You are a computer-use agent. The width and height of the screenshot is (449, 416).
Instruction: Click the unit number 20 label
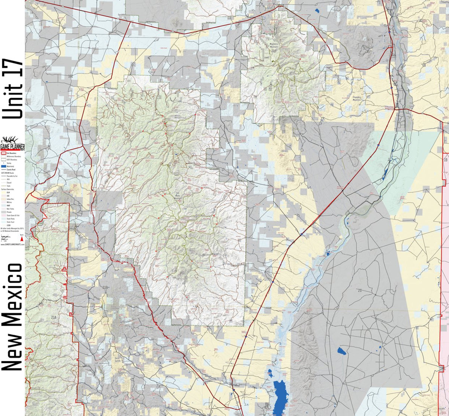pyautogui.click(x=360, y=291)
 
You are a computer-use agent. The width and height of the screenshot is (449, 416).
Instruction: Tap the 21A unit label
pyautogui.click(x=54, y=317)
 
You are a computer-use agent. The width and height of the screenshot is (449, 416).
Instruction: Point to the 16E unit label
pyautogui.click(x=70, y=76)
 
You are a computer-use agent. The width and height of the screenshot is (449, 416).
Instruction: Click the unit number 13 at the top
pyautogui.click(x=241, y=7)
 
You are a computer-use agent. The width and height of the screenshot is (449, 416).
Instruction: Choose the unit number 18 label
pyautogui.click(x=424, y=65)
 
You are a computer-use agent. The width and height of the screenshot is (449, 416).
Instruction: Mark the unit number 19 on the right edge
pyautogui.click(x=445, y=160)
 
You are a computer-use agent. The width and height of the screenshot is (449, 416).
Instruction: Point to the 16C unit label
pyautogui.click(x=32, y=217)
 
